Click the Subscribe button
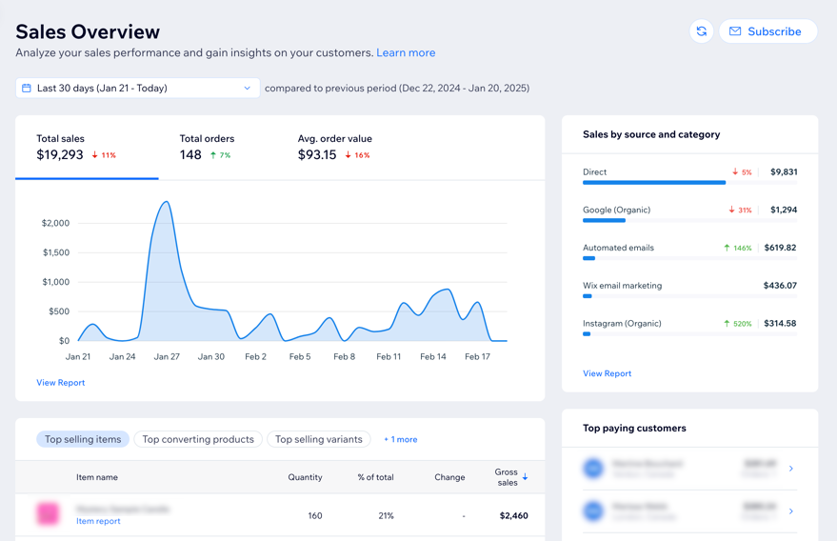pyautogui.click(x=767, y=31)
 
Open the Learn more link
pyautogui.click(x=406, y=53)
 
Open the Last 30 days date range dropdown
pyautogui.click(x=138, y=89)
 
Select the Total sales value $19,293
pyautogui.click(x=60, y=154)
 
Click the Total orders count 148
pyautogui.click(x=190, y=154)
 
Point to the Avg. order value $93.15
pyautogui.click(x=317, y=154)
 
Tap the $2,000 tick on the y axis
pyautogui.click(x=55, y=223)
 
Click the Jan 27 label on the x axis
pyautogui.click(x=167, y=356)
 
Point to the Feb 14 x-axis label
pyautogui.click(x=433, y=356)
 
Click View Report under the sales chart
pyautogui.click(x=61, y=383)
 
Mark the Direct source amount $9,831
pyautogui.click(x=783, y=172)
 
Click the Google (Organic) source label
pyautogui.click(x=616, y=210)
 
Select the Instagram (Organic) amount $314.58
pyautogui.click(x=780, y=324)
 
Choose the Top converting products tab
pyautogui.click(x=198, y=439)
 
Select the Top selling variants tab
pyautogui.click(x=318, y=439)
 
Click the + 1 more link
pyautogui.click(x=400, y=439)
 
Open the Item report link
pyautogui.click(x=98, y=521)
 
